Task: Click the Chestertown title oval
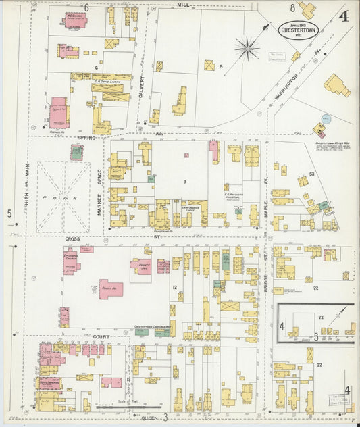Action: tap(300, 30)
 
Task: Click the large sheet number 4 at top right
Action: tap(344, 16)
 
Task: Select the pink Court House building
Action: tap(110, 289)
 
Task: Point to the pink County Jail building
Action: tap(143, 266)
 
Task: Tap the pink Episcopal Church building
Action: tap(71, 260)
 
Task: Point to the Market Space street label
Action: tap(99, 193)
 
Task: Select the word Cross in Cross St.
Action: tap(73, 239)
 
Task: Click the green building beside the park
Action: tap(77, 152)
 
